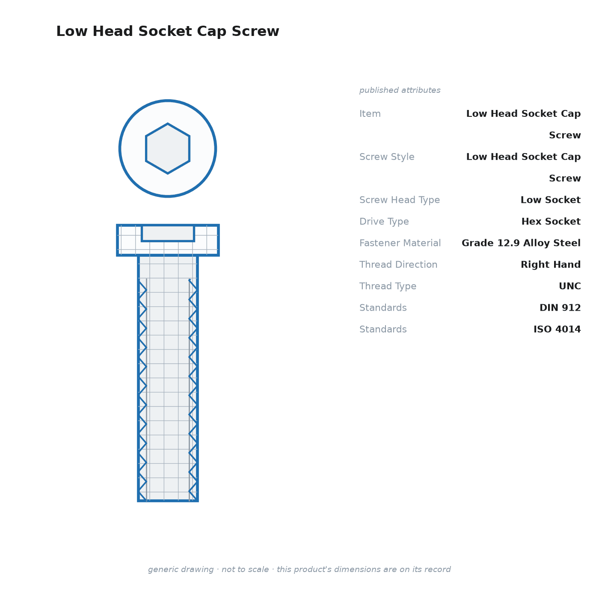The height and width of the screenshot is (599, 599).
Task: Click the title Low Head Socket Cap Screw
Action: (x=168, y=31)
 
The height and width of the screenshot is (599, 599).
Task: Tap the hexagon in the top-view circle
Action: (x=168, y=148)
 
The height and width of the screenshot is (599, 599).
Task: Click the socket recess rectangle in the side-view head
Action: (x=168, y=233)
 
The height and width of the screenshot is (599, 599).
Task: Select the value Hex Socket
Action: (x=551, y=221)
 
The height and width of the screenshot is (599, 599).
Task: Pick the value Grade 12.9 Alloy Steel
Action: (x=521, y=243)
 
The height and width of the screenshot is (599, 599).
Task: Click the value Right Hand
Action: (x=551, y=264)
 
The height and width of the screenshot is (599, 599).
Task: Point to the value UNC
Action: (x=570, y=286)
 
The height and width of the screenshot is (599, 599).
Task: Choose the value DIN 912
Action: (x=560, y=308)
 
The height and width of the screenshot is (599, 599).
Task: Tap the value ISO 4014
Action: (x=557, y=329)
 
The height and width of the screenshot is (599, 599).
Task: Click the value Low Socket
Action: (x=551, y=200)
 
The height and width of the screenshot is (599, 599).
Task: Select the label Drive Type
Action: (x=384, y=222)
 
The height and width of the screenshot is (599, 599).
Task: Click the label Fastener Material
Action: (x=400, y=243)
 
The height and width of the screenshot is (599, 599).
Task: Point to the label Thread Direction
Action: (x=398, y=264)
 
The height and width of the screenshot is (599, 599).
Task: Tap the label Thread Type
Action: (x=388, y=286)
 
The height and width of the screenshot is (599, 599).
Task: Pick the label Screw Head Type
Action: (x=400, y=200)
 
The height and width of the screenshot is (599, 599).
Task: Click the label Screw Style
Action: (x=387, y=157)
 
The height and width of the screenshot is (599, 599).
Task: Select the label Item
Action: (x=370, y=114)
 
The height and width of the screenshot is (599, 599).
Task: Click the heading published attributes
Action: (x=400, y=90)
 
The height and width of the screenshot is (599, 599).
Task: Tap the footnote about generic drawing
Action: (x=299, y=569)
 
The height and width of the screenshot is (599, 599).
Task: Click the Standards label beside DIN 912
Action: (x=383, y=308)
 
